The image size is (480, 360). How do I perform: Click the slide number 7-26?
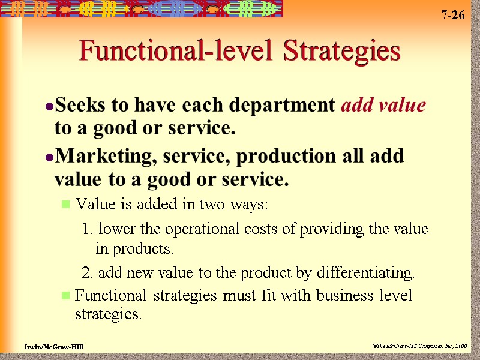[x=453, y=15]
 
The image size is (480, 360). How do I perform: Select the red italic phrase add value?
[x=383, y=106]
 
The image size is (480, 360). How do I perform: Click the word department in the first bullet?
[x=286, y=106]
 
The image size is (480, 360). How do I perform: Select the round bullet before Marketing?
[x=50, y=157]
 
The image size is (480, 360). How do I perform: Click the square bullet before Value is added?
[x=66, y=205]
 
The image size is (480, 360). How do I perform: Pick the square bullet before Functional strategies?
[x=66, y=296]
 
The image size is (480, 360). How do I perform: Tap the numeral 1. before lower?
[x=88, y=229]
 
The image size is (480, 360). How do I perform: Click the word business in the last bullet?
[x=326, y=295]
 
